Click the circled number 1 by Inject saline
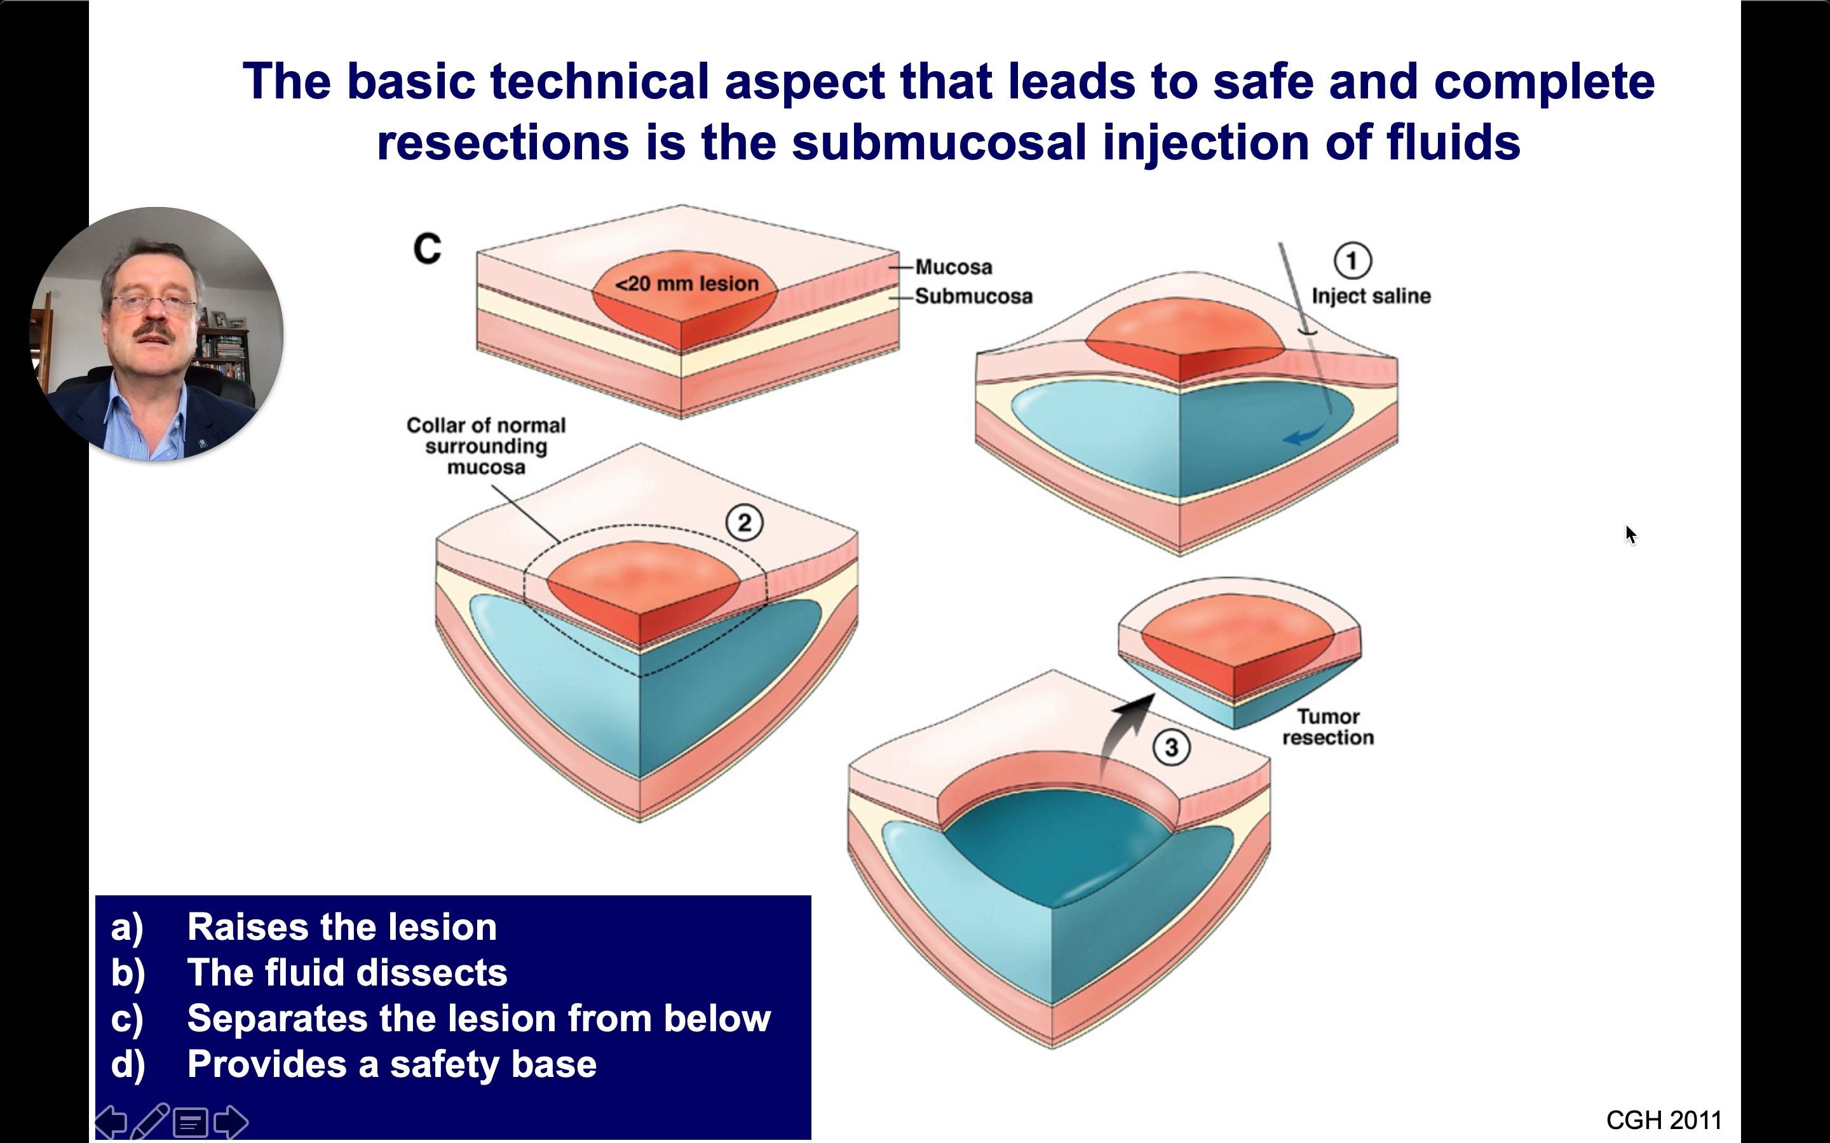(1352, 261)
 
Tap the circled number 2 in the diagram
(744, 523)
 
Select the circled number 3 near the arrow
(1171, 747)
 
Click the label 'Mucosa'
(954, 267)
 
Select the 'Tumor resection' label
(1328, 726)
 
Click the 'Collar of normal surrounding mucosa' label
(486, 446)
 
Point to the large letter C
(427, 249)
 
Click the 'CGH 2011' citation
(1663, 1120)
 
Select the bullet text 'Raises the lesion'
(342, 927)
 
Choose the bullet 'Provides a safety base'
(391, 1064)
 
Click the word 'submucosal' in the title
(939, 142)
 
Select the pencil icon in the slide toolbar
(150, 1121)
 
